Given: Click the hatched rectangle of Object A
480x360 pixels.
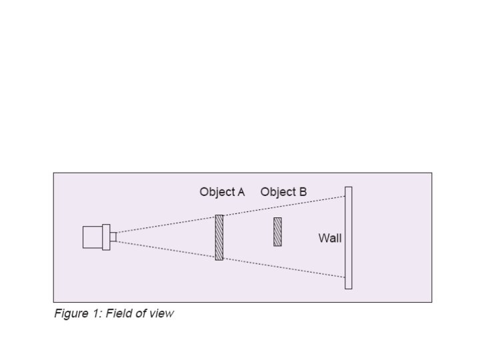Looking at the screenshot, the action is pyautogui.click(x=219, y=237).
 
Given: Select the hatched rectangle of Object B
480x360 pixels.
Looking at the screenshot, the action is pyautogui.click(x=277, y=231).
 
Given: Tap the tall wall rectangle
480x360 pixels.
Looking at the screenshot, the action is pyautogui.click(x=348, y=237).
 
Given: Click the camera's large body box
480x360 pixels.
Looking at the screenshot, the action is pyautogui.click(x=92, y=237).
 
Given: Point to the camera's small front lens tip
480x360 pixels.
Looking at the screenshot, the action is pyautogui.click(x=113, y=237).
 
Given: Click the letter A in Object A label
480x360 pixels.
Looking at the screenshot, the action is pyautogui.click(x=240, y=192).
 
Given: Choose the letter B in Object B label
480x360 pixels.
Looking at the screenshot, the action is pyautogui.click(x=303, y=192).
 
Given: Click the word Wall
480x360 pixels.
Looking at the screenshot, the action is pyautogui.click(x=329, y=238).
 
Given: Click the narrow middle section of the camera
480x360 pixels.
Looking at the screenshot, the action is pyautogui.click(x=105, y=237).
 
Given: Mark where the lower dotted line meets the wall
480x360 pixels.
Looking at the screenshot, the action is pyautogui.click(x=345, y=277).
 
